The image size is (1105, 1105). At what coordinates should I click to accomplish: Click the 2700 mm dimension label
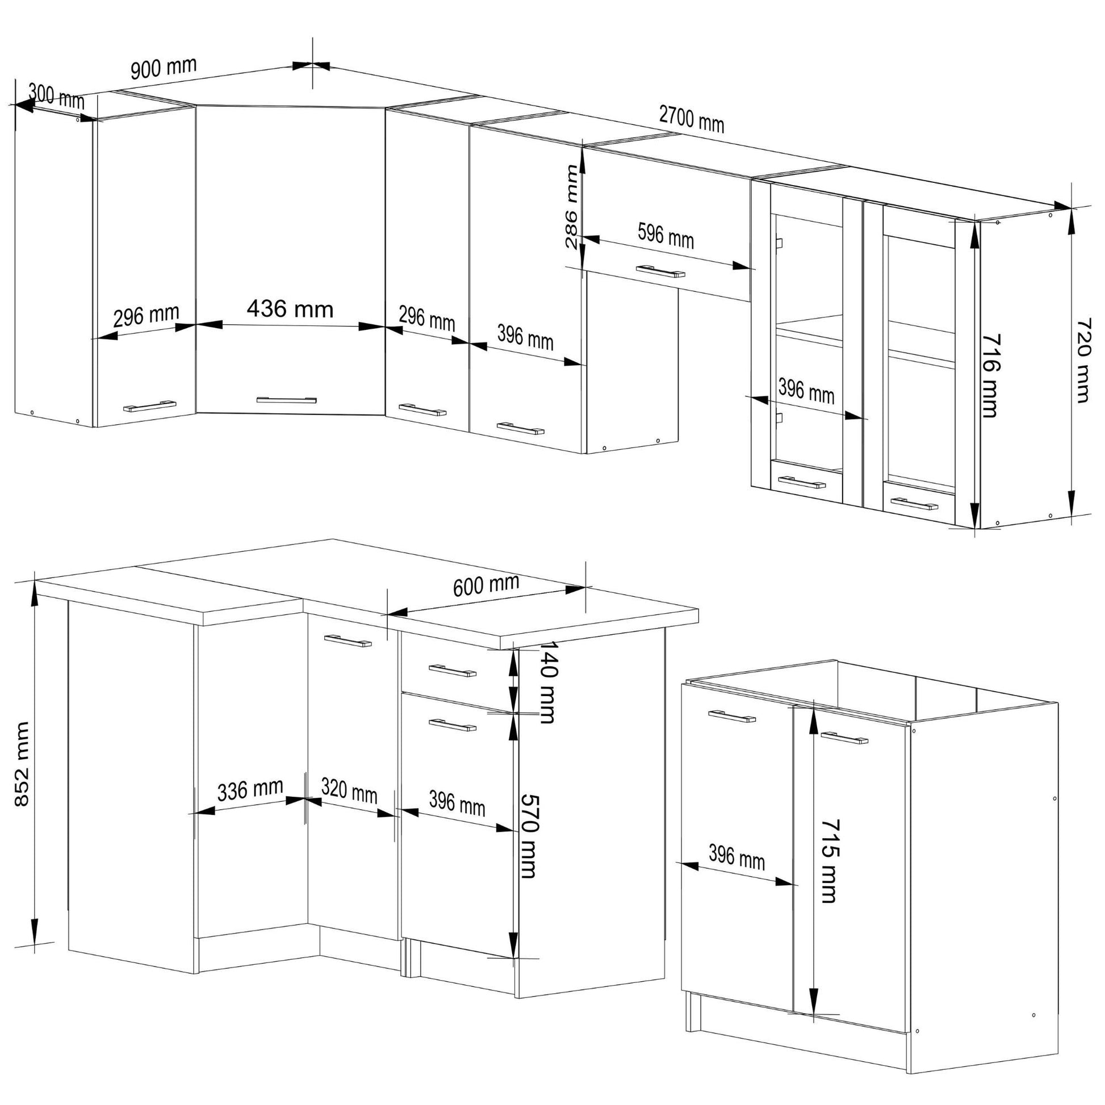click(x=692, y=120)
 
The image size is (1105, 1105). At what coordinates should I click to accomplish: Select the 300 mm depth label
click(x=56, y=96)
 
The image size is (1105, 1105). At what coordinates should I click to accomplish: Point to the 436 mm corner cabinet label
click(x=290, y=309)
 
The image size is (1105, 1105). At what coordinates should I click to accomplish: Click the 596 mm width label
click(x=665, y=236)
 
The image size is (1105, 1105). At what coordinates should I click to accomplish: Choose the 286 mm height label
click(x=571, y=207)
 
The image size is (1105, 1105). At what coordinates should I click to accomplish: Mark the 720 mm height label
click(x=1083, y=361)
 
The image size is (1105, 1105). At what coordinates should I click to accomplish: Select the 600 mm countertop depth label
click(x=486, y=585)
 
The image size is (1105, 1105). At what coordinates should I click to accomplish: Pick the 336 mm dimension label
click(x=250, y=790)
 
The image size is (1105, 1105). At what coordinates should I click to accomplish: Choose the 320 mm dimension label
click(x=349, y=791)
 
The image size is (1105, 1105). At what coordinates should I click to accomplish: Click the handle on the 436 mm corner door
click(x=287, y=399)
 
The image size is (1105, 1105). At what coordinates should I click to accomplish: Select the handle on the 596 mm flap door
click(x=660, y=271)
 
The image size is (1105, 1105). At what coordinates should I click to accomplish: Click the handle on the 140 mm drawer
click(x=452, y=670)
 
